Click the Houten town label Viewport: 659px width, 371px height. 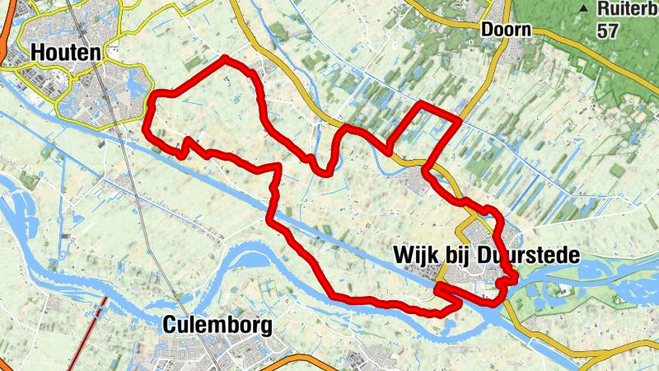(66, 52)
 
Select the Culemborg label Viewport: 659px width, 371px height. (217, 325)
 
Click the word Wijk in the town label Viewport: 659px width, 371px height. (416, 256)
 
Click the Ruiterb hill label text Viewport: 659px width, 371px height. (627, 9)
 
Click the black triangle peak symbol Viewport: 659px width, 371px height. (583, 9)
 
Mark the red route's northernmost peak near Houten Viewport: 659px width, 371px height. (225, 59)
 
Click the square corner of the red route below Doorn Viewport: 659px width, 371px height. (458, 120)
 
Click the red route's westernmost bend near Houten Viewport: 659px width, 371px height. (146, 128)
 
